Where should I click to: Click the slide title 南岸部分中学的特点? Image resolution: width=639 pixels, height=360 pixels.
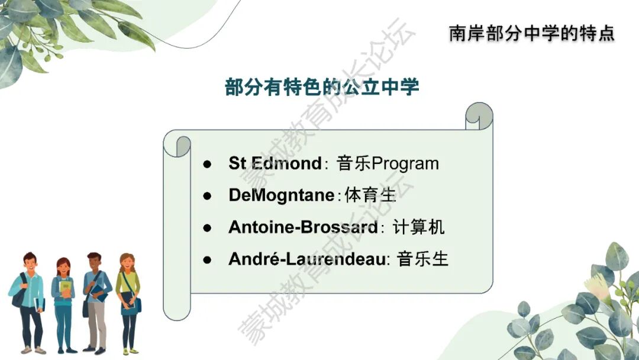tap(532, 33)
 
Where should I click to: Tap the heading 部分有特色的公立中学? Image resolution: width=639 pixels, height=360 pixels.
tap(322, 87)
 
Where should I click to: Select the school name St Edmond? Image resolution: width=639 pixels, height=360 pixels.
tap(275, 163)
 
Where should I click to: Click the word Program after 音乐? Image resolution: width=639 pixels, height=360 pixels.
tap(405, 164)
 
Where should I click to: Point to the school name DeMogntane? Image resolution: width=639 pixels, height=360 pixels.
tap(282, 195)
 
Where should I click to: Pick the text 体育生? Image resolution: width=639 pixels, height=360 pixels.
tap(370, 195)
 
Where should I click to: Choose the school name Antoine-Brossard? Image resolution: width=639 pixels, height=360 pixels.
tap(303, 227)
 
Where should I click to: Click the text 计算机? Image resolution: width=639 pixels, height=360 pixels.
tap(418, 227)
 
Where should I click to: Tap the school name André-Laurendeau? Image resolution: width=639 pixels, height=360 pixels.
tap(307, 259)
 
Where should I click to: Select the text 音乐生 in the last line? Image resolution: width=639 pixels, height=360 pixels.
tap(422, 259)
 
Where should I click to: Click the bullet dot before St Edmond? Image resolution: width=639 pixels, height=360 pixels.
tap(208, 164)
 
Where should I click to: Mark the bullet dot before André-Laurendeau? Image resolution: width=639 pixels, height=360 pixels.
tap(208, 260)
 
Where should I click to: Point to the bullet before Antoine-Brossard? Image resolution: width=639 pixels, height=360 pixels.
tap(208, 227)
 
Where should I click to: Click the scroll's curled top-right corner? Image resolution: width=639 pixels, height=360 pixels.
tap(479, 116)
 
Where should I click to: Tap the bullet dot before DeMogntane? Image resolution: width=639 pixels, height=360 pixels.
tap(208, 196)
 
